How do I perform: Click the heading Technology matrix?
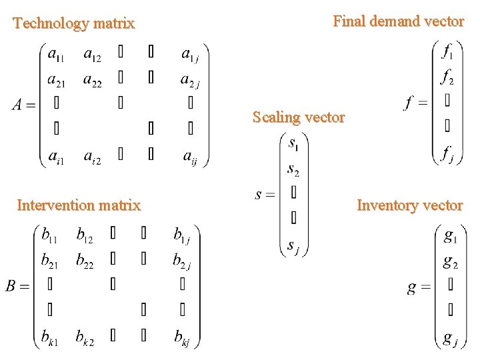pos(74,24)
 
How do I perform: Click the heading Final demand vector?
pos(398,21)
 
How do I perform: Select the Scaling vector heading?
pos(299,118)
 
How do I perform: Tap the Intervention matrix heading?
pos(79,205)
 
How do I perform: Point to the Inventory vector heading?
pos(409,205)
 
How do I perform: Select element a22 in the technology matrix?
pos(92,79)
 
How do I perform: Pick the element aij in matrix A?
pos(189,157)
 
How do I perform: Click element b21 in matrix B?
pos(50,261)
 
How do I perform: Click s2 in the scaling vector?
pos(293,169)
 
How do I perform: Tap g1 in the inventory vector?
pos(450,236)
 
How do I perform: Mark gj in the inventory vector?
pos(450,338)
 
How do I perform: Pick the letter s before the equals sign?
pos(259,195)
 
